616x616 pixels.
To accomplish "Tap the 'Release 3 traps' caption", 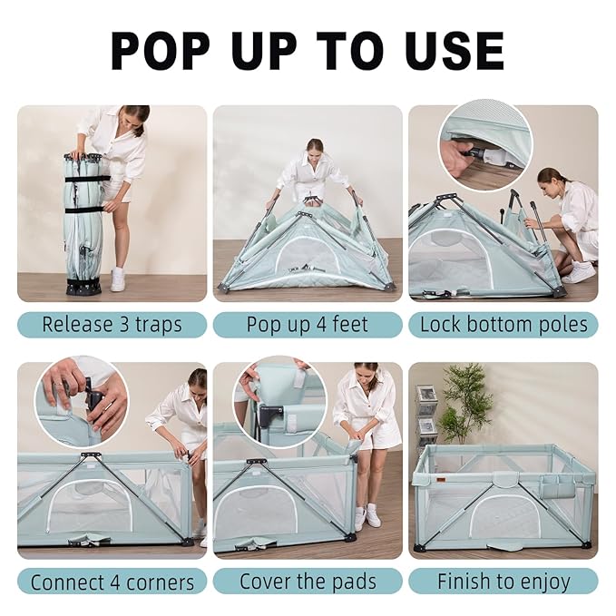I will tap(112, 325).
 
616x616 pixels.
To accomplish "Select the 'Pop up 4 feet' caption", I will tap(308, 325).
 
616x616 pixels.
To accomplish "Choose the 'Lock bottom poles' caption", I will tap(503, 325).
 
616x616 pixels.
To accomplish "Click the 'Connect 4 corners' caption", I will tap(112, 582).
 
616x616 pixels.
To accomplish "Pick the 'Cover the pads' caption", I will tap(308, 582).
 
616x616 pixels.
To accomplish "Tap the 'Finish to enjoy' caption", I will tap(503, 582).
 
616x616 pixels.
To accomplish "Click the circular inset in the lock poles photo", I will tap(484, 146).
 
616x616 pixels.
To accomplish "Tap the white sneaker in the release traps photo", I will tap(118, 279).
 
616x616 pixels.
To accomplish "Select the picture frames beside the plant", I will tap(426, 413).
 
